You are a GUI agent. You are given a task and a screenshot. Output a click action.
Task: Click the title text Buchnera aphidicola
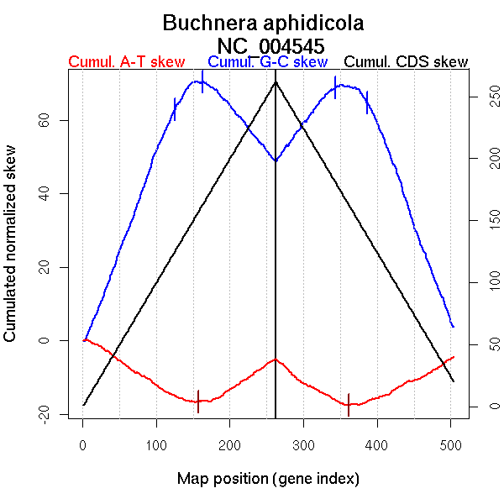[263, 23]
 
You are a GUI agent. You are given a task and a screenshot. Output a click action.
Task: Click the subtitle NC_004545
[270, 45]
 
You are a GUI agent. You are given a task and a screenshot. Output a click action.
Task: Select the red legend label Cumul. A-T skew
[126, 63]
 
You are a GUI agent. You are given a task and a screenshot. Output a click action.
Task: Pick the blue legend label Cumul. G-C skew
[267, 63]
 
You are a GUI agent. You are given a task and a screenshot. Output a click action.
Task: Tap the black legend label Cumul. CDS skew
[407, 63]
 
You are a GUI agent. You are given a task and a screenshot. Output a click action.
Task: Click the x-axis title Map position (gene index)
[268, 480]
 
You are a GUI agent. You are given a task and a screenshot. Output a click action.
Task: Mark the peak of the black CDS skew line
[276, 81]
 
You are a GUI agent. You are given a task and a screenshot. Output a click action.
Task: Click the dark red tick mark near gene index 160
[198, 402]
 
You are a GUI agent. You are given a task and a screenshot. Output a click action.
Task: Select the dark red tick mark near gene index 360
[348, 404]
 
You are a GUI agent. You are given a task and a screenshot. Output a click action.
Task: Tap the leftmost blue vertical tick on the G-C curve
[175, 109]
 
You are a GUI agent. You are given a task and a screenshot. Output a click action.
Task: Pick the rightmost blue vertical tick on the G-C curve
[367, 102]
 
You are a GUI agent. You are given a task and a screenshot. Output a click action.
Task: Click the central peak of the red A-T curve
[276, 360]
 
